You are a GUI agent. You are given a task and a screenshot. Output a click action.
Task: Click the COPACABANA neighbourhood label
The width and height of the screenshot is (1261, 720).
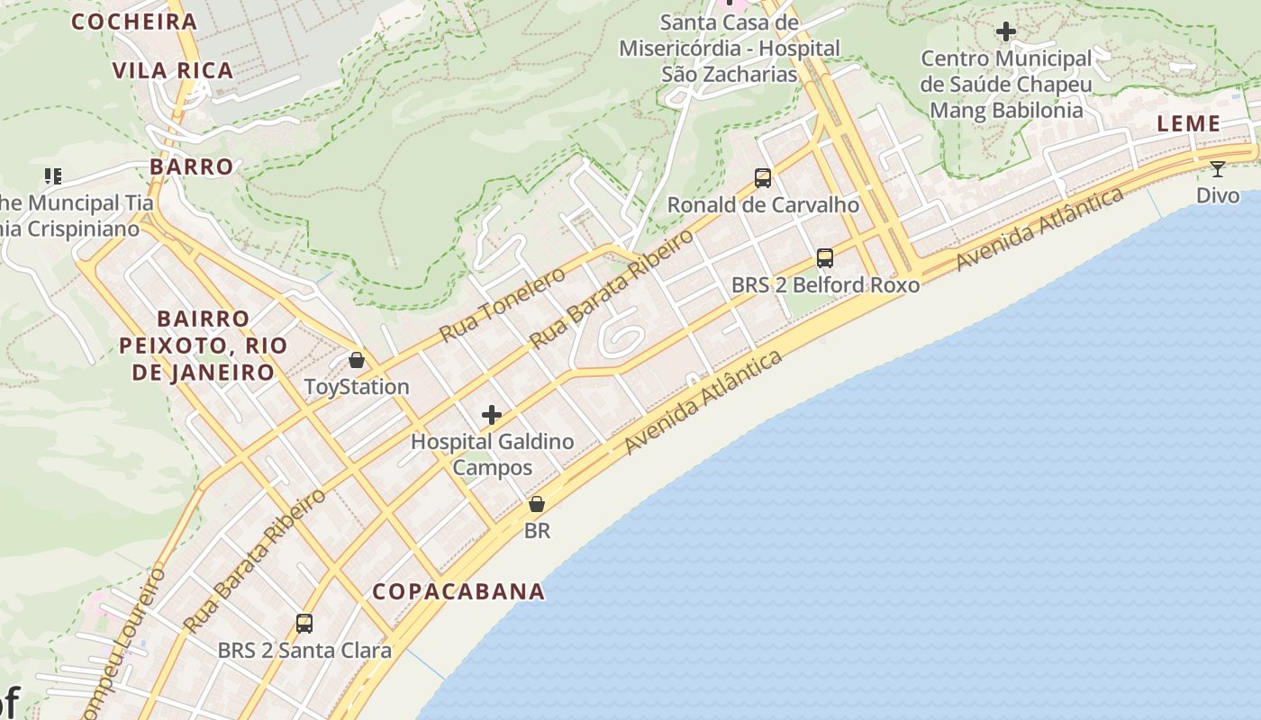(x=458, y=591)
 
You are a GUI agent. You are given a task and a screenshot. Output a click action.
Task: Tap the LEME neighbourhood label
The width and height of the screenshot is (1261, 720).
(x=1188, y=124)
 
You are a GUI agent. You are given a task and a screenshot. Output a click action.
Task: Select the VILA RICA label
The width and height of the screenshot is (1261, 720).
(x=173, y=70)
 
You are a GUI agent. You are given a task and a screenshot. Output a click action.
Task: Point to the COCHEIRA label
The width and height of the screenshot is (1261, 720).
(x=134, y=22)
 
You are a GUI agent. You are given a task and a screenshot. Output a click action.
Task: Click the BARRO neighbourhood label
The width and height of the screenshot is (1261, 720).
(x=192, y=166)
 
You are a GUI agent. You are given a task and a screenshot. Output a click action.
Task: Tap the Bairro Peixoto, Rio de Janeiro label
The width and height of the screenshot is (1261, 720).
(x=204, y=345)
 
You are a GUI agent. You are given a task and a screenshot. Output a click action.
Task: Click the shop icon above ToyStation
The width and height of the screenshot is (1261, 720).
(x=357, y=361)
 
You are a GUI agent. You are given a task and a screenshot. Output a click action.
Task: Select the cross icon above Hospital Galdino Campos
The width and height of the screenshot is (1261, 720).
(x=492, y=415)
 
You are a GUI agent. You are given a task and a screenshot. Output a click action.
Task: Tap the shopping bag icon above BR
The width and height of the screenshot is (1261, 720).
(x=537, y=504)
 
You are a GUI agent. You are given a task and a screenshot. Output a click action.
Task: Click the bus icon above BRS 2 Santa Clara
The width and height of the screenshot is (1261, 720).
(x=304, y=623)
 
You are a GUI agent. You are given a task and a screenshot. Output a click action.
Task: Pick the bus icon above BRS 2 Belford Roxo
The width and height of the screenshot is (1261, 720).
(x=825, y=258)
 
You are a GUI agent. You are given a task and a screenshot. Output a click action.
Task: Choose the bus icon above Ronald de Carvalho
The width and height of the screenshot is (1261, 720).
(x=763, y=178)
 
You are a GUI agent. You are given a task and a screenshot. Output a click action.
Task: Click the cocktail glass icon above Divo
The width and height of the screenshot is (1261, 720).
(x=1218, y=168)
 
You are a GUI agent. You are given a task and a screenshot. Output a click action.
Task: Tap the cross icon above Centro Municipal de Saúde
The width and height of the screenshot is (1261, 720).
(x=1006, y=32)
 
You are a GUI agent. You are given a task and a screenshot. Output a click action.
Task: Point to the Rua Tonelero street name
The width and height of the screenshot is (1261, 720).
(x=502, y=304)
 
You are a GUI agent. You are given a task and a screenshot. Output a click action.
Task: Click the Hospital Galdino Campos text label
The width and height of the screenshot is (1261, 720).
(x=492, y=454)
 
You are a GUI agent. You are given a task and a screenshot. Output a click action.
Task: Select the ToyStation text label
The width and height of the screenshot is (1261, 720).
(x=357, y=387)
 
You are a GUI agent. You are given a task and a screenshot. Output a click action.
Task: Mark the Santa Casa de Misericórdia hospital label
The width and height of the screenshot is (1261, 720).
(x=730, y=48)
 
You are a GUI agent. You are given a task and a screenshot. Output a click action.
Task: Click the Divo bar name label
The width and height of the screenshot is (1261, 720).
(x=1218, y=195)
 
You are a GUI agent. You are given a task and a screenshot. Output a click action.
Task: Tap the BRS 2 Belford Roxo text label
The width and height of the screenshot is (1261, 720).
(x=825, y=285)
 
